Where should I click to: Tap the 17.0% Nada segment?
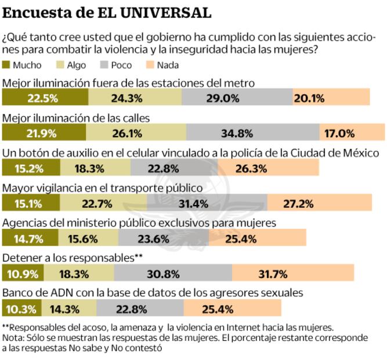(x=352, y=133)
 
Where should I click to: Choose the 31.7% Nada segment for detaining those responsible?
(x=292, y=273)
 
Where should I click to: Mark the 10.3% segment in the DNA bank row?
(x=21, y=308)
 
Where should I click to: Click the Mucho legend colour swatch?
(x=6, y=65)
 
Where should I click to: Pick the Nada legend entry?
(x=162, y=65)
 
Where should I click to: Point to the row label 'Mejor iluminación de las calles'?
(x=77, y=117)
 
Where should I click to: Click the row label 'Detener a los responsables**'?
(x=72, y=257)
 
